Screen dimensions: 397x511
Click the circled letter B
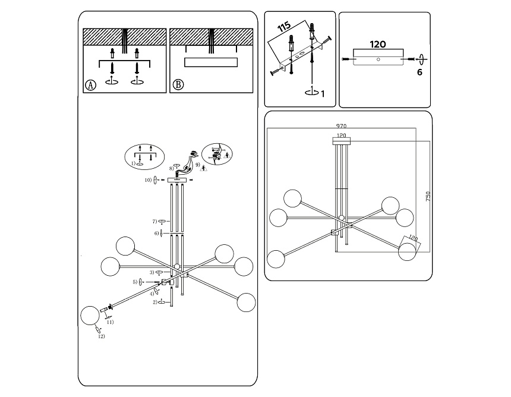[x=178, y=85]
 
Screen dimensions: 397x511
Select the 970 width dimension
[x=341, y=126]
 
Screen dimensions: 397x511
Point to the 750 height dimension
[x=428, y=197]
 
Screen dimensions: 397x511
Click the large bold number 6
[x=419, y=73]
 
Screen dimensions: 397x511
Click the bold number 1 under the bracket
[x=323, y=93]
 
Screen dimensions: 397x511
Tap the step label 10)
[x=148, y=180]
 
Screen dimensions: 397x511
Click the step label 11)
[x=110, y=322]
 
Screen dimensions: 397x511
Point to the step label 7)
[x=153, y=222]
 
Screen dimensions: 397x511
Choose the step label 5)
[x=135, y=282]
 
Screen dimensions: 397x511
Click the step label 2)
[x=154, y=302]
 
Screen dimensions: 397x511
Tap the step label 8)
[x=171, y=168]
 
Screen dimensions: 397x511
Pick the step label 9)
[x=197, y=164]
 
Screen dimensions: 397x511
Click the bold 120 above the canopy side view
[x=378, y=44]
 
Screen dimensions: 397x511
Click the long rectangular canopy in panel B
[x=212, y=62]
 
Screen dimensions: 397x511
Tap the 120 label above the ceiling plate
[x=341, y=136]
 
